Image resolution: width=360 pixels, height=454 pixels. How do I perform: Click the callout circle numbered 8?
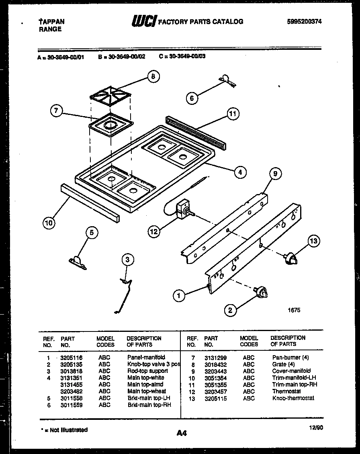point(153,77)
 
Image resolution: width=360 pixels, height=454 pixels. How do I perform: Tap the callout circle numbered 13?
point(314,241)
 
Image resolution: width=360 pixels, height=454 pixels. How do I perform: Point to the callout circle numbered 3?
point(127,260)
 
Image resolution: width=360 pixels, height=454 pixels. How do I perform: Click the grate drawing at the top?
point(110,95)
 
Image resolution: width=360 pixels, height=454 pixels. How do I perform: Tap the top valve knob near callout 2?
point(261,293)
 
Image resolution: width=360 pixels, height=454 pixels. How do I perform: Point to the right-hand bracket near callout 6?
point(227,80)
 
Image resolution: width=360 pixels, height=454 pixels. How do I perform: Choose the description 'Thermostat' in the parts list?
point(286,391)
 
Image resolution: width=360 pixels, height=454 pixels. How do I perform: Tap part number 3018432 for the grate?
point(215,364)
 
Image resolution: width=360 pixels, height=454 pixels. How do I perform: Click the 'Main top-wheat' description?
point(146,391)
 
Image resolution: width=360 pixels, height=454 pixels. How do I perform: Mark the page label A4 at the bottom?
point(182,433)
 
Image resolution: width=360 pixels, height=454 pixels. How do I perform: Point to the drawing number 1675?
point(294,310)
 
